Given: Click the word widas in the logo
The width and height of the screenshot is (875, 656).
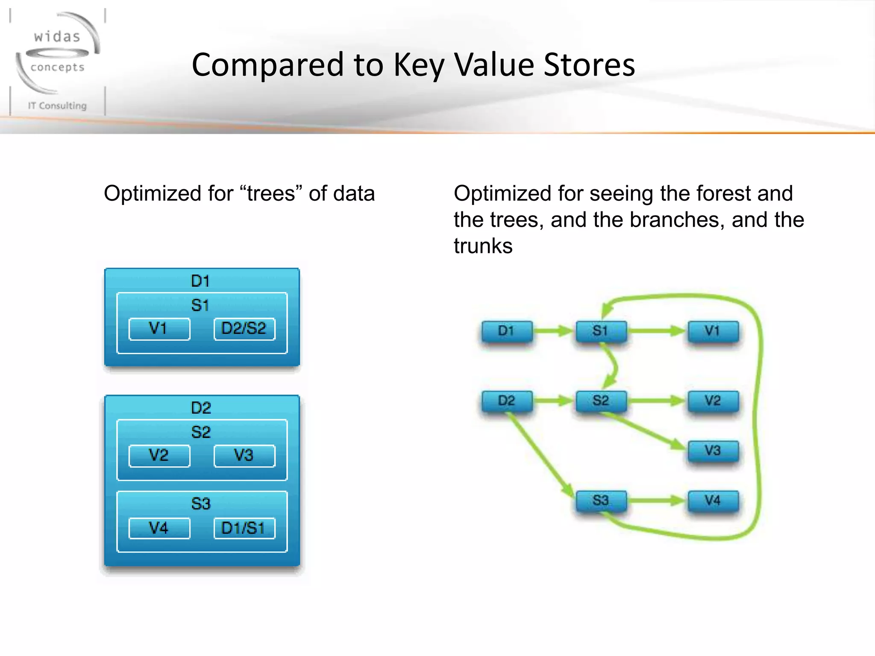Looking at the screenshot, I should point(57,37).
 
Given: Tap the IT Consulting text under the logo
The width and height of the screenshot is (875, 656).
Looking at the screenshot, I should point(57,105).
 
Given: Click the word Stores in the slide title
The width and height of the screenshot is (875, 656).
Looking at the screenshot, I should point(589,65).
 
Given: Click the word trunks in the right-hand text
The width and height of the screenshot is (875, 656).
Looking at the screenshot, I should point(483,246).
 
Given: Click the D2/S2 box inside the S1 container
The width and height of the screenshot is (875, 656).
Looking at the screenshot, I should point(244,328).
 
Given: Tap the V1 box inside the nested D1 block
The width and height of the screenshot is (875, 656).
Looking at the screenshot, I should point(159,328).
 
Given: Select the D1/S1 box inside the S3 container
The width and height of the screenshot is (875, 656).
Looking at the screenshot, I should point(244,528).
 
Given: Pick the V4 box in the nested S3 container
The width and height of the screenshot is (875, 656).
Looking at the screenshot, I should point(159,528).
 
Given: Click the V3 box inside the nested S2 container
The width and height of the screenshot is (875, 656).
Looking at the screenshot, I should point(244,455).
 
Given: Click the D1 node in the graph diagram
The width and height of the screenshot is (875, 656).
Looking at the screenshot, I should point(507,331).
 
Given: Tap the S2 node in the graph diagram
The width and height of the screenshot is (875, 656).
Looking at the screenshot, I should point(601,401).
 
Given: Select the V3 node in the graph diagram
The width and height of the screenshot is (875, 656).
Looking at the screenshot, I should point(713,451).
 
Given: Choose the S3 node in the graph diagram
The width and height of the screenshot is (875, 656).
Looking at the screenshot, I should point(601,500).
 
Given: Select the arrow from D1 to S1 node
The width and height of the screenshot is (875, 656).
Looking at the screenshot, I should point(554,331).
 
